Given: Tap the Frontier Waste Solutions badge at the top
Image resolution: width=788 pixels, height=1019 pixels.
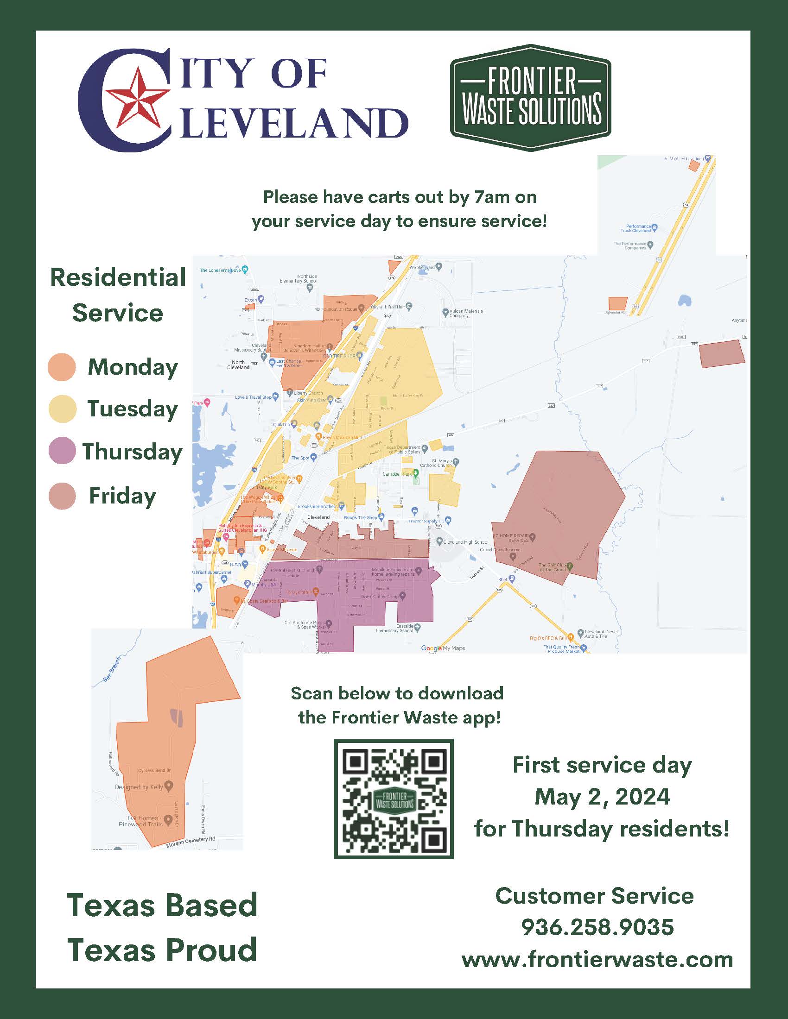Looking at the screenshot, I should pos(530,98).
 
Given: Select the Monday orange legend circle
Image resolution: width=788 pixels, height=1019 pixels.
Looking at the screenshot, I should pos(62,367).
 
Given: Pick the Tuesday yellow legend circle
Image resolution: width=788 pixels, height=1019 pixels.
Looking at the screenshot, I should pos(62,409).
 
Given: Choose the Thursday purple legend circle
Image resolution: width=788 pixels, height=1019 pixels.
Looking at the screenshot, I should pos(62,451).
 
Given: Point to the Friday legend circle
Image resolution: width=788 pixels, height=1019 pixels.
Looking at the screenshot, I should pos(62,496).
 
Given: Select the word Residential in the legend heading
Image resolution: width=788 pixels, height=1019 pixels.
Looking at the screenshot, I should pos(118,277).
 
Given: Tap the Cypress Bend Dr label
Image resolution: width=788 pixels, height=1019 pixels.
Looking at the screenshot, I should pos(154,770).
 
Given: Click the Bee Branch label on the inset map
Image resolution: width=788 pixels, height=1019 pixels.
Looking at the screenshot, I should pos(112,670).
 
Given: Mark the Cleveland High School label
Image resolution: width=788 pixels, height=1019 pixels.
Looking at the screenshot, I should pos(465,542).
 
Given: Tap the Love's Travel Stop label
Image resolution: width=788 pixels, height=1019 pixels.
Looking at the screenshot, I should pos(253,397).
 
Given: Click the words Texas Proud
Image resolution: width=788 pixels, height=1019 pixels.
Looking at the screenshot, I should pos(161,950).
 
